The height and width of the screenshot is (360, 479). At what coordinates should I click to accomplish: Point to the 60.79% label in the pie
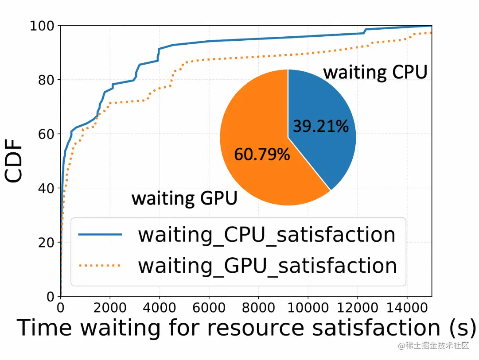tap(262, 154)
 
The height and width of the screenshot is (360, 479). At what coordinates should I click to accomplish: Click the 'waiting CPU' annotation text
tap(375, 72)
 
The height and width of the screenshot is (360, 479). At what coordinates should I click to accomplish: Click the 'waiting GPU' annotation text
tap(184, 198)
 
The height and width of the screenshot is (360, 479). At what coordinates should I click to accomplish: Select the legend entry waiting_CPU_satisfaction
tap(266, 235)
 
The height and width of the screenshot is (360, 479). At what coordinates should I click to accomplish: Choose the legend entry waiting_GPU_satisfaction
tap(267, 265)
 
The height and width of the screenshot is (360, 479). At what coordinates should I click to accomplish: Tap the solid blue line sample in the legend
tap(100, 235)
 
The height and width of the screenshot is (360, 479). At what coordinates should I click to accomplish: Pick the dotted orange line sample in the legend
tap(100, 266)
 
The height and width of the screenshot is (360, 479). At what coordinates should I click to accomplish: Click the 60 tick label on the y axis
tap(46, 134)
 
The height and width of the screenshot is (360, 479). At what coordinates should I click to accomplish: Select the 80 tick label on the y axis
tap(46, 80)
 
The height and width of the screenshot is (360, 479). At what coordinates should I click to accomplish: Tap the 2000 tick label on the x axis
tap(109, 307)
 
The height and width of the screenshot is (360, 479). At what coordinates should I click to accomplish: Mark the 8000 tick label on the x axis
tap(257, 307)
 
